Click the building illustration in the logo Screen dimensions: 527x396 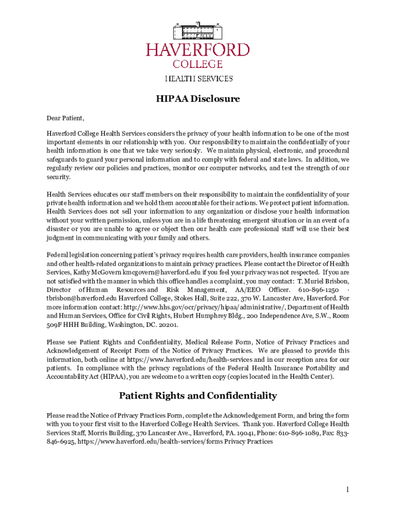click(198, 31)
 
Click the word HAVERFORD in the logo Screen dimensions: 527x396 click(198, 50)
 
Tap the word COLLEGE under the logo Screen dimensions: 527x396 click(198, 64)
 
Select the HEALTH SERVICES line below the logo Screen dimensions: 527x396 click(198, 79)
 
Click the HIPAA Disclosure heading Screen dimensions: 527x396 click(198, 99)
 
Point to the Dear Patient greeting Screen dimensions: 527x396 click(65, 118)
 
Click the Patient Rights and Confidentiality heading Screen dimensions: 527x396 click(198, 396)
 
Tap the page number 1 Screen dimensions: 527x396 click(348, 489)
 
